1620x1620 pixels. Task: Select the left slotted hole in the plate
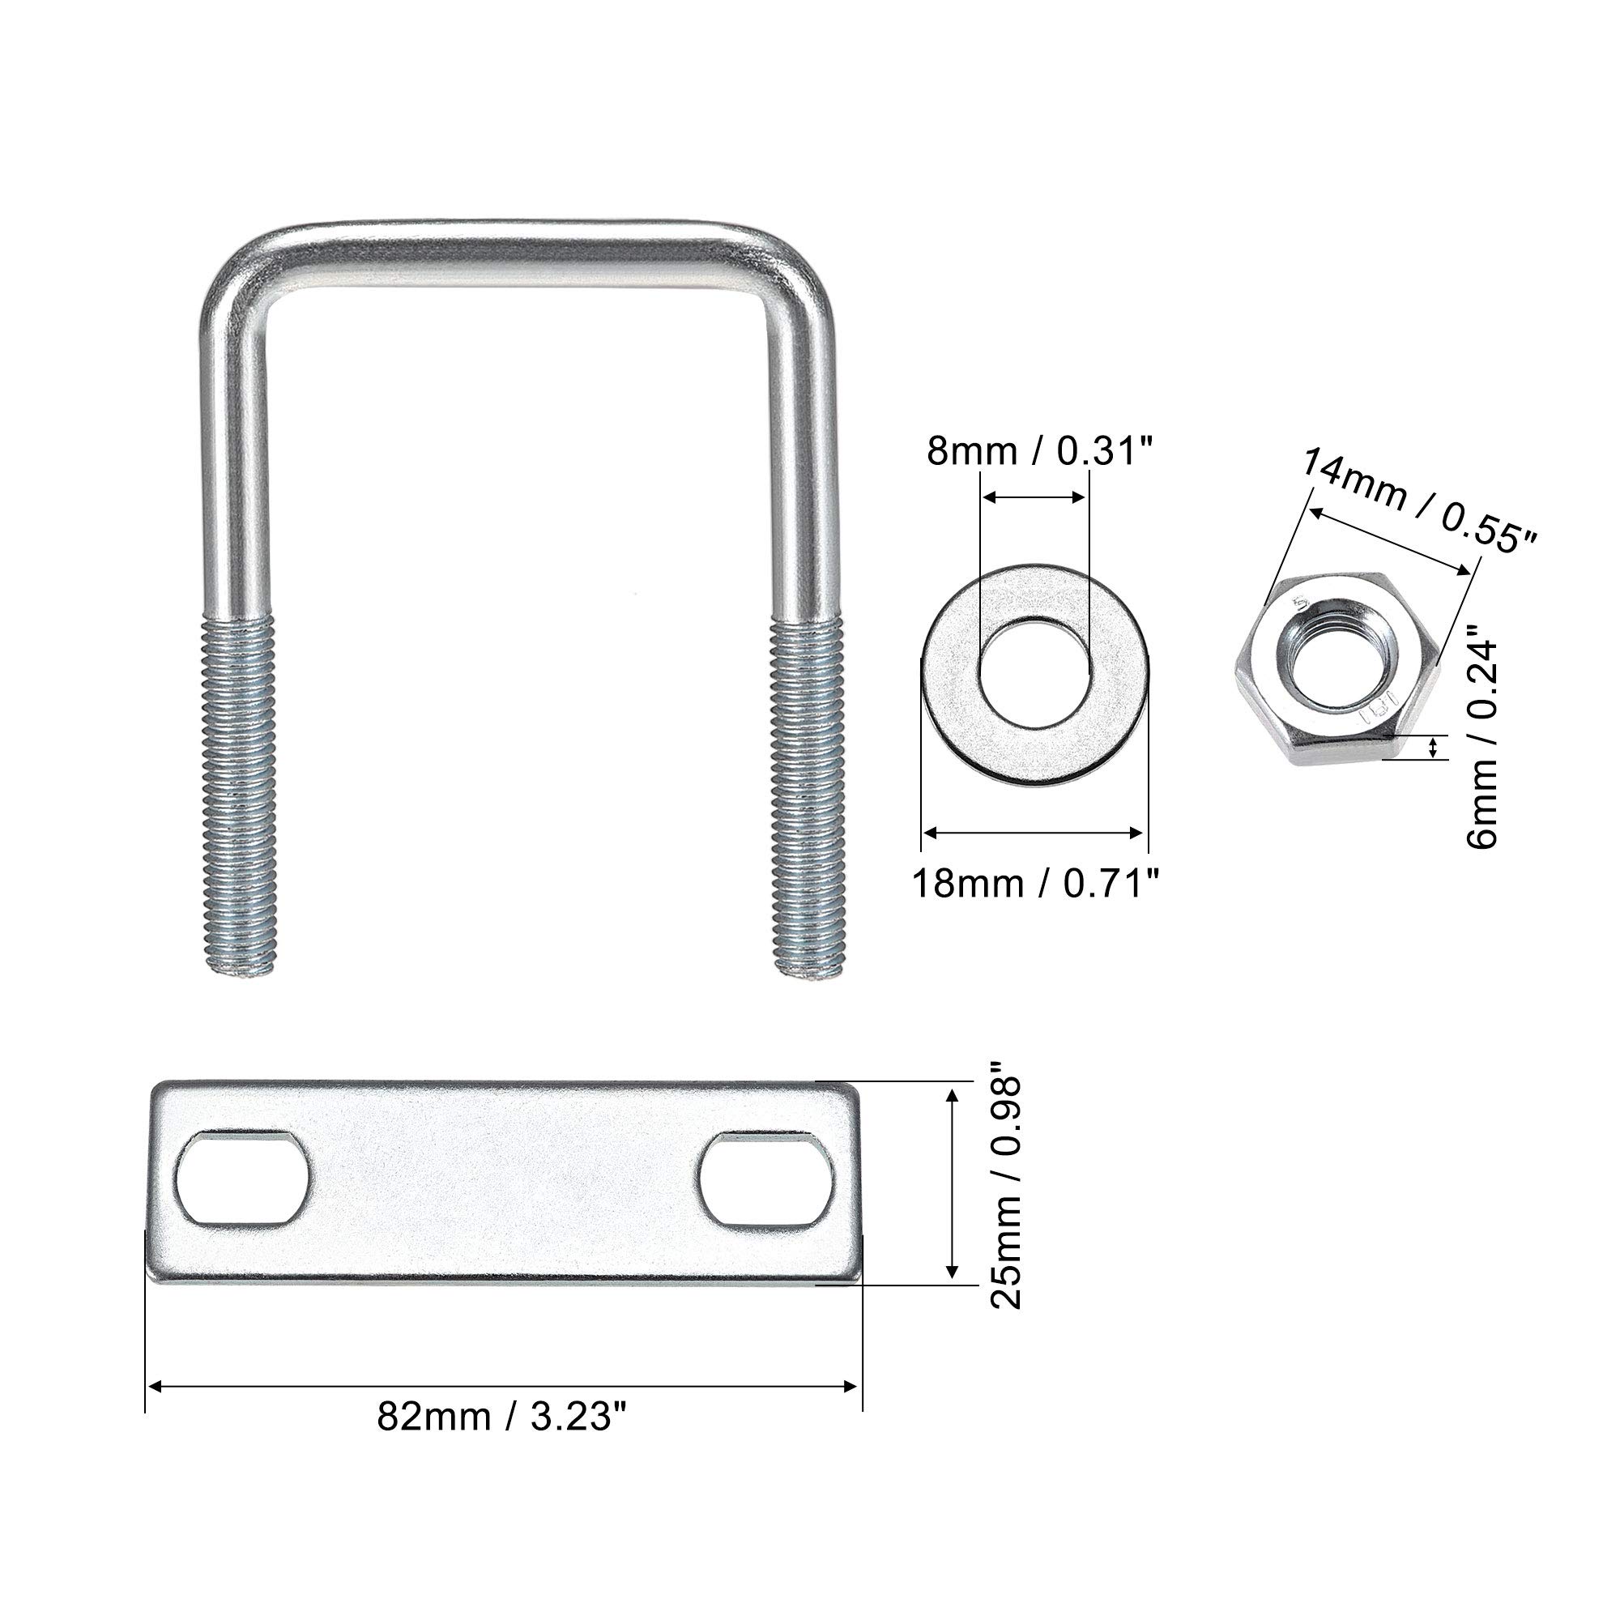coord(243,1181)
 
